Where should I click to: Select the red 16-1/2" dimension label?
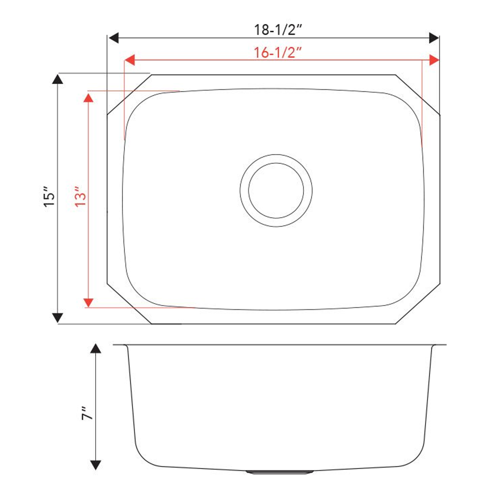(x=278, y=53)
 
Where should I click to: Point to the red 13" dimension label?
(x=80, y=196)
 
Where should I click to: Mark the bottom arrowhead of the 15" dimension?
(x=57, y=318)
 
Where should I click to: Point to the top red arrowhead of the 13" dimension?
(x=88, y=97)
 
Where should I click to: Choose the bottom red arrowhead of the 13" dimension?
(x=88, y=302)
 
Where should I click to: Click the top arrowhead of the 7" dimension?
(x=96, y=349)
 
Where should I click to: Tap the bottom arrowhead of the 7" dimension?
(x=96, y=464)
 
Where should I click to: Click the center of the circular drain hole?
(x=276, y=190)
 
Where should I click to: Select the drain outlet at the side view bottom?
(x=280, y=472)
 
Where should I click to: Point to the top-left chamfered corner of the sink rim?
(x=129, y=94)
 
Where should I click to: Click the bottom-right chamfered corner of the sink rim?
(x=418, y=304)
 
